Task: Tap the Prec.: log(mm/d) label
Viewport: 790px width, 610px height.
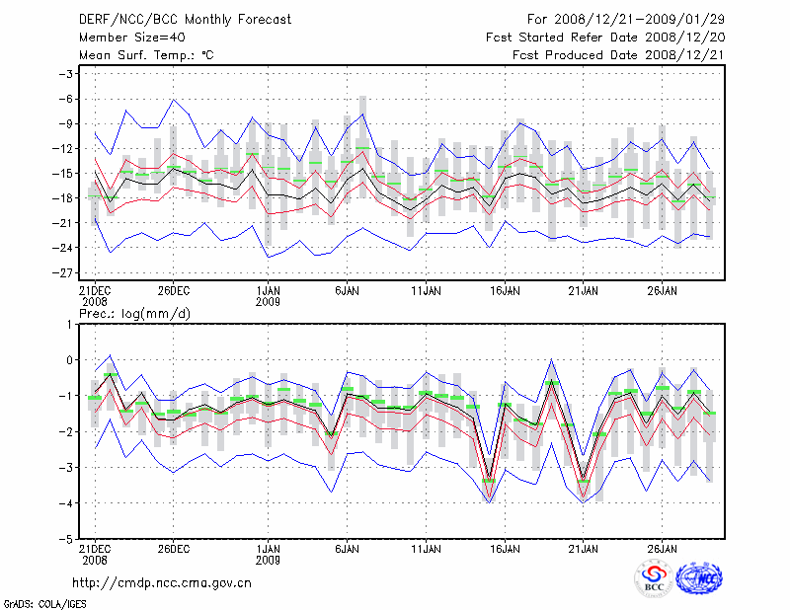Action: [x=135, y=314]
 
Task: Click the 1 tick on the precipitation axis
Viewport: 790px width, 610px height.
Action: [x=71, y=324]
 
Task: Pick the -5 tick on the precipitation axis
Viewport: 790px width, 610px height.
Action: [x=69, y=540]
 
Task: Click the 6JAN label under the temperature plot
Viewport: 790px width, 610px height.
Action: [x=346, y=291]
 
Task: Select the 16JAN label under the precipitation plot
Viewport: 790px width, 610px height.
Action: [x=505, y=549]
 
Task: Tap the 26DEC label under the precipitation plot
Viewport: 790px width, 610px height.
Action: [x=173, y=549]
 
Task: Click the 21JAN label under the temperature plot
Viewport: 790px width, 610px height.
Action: [x=584, y=291]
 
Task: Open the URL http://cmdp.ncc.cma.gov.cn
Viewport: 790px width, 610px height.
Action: [x=163, y=582]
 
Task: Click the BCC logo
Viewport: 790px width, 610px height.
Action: [x=653, y=579]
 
